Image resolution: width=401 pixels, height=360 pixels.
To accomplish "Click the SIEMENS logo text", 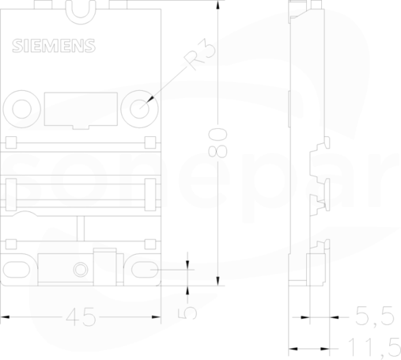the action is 54,46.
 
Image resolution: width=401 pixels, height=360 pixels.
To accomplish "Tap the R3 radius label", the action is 200,54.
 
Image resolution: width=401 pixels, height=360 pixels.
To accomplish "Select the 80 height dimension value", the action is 218,142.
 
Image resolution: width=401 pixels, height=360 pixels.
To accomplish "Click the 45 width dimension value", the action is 81,317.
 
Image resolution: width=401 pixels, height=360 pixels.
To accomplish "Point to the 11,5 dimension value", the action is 374,347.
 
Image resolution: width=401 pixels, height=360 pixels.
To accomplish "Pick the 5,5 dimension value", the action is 375,316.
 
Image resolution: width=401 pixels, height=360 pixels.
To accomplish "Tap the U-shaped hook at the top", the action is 81,13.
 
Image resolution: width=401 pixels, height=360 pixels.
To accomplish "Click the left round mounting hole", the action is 22,109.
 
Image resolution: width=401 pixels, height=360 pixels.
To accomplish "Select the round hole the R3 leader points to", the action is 139,109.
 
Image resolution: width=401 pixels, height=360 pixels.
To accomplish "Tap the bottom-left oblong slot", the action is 17,270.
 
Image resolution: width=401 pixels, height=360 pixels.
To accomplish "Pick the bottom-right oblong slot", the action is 145,270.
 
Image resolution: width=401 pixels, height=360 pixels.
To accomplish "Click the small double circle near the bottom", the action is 81,270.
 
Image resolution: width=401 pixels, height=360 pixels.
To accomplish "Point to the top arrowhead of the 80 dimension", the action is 218,6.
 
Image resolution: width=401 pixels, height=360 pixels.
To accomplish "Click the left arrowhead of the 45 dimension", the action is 5,317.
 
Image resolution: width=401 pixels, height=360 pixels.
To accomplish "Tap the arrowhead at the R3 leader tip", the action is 150,99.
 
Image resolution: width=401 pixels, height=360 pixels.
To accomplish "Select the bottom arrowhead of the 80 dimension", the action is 218,281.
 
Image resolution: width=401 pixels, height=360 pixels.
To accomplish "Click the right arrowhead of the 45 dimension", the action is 156,317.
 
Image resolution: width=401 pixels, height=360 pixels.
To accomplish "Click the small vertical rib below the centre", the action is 81,229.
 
